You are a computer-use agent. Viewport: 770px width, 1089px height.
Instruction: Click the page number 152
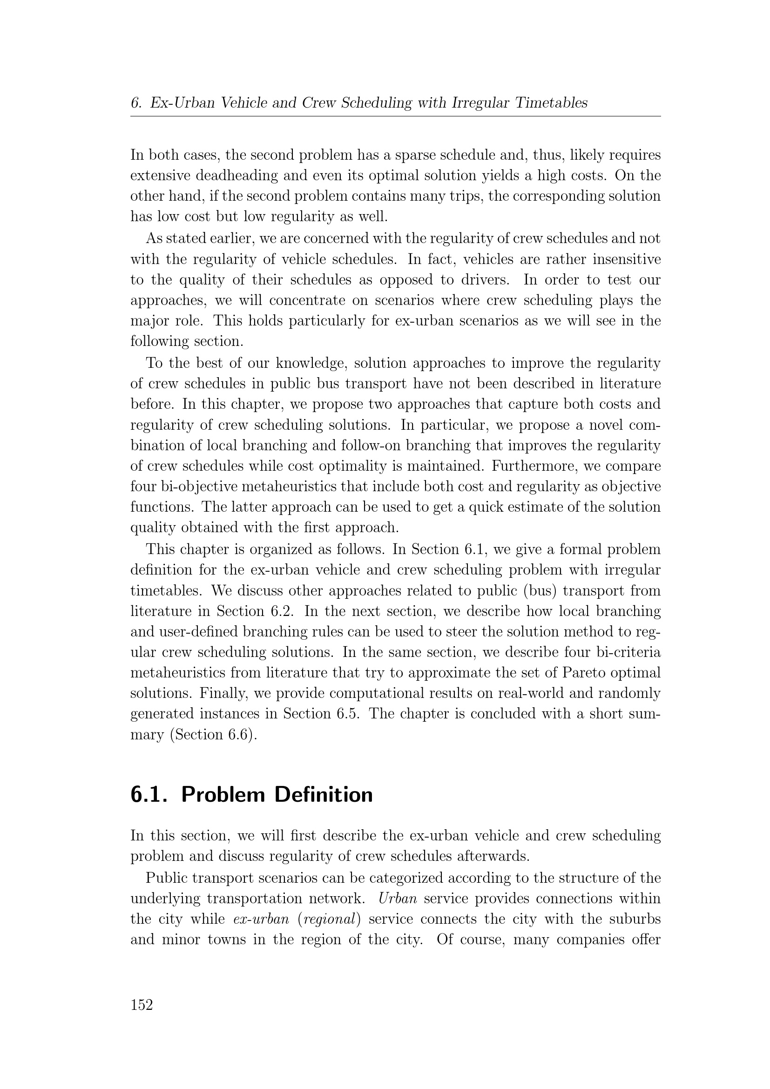[142, 1005]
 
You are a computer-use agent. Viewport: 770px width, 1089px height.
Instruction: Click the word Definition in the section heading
[324, 794]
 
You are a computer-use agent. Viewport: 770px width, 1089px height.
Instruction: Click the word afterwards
[492, 856]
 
